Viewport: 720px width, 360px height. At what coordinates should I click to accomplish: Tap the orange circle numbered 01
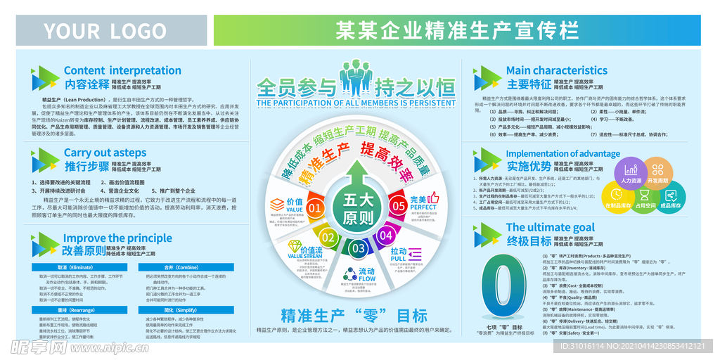pos(315,208)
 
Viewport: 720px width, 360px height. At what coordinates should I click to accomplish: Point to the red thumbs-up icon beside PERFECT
pos(434,198)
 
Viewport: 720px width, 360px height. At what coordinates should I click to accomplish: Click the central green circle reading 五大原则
pos(358,209)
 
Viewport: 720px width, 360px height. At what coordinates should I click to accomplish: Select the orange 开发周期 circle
pos(658,173)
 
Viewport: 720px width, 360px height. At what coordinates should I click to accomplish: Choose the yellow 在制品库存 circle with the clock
pos(617,198)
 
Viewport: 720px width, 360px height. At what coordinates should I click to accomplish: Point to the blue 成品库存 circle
pos(671,198)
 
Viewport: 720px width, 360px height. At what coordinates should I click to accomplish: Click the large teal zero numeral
pos(500,284)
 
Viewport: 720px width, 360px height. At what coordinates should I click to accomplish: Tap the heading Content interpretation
pos(122,70)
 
